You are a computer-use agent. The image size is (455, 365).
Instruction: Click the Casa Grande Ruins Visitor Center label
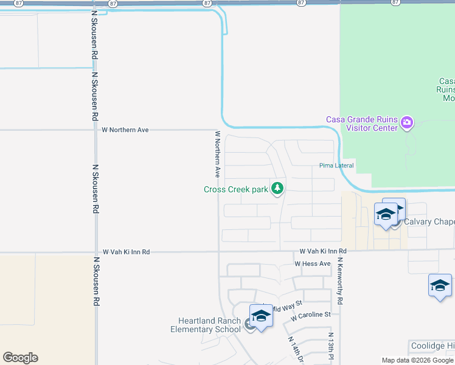pyautogui.click(x=361, y=123)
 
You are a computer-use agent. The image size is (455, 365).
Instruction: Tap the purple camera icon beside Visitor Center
pyautogui.click(x=407, y=123)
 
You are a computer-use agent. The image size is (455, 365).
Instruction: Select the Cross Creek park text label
pyautogui.click(x=236, y=189)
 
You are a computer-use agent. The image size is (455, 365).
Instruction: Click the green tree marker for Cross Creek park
pyautogui.click(x=277, y=189)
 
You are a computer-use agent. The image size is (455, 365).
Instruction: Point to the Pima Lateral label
pyautogui.click(x=336, y=165)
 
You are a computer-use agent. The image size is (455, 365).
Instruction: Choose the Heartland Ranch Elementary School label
pyautogui.click(x=209, y=325)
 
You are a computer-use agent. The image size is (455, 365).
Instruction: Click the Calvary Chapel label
pyautogui.click(x=429, y=221)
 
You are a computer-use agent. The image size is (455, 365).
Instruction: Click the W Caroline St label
pyautogui.click(x=310, y=315)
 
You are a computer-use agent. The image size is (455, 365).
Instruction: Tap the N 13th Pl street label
pyautogui.click(x=330, y=346)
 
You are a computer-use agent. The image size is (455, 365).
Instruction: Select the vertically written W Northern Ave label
pyautogui.click(x=217, y=153)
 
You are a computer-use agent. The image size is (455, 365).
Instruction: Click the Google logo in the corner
pyautogui.click(x=20, y=358)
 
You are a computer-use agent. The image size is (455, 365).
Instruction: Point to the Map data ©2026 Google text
pyautogui.click(x=418, y=360)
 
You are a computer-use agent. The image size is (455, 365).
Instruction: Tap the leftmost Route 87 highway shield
pyautogui.click(x=19, y=3)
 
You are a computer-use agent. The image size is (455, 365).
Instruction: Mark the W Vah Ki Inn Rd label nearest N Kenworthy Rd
pyautogui.click(x=323, y=251)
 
